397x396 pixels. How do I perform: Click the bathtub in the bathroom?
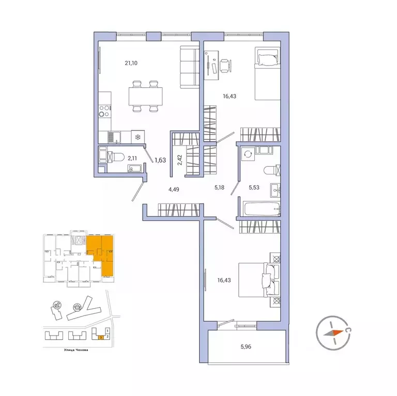coord(261,210)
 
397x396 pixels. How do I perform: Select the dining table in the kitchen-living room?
coord(145,96)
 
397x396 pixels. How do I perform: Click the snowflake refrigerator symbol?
coord(138,136)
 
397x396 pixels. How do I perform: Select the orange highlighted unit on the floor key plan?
coord(101,253)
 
